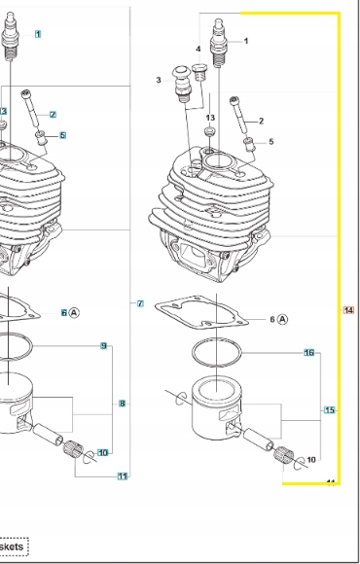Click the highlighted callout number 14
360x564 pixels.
[x=349, y=310]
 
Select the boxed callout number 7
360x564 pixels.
[x=140, y=304]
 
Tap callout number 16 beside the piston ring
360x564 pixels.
[x=309, y=352]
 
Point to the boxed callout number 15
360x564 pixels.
[x=329, y=410]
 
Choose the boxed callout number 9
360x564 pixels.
[x=104, y=346]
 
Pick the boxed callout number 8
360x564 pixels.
[x=123, y=403]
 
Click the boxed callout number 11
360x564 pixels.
[x=123, y=476]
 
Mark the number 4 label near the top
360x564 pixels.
[x=198, y=48]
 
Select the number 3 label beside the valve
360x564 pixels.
[x=159, y=80]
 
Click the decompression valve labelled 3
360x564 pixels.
[x=180, y=88]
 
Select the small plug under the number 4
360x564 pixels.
[x=199, y=70]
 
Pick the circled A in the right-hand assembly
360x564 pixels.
[x=283, y=319]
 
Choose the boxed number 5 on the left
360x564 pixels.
[x=62, y=135]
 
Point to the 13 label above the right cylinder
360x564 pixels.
[x=209, y=118]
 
